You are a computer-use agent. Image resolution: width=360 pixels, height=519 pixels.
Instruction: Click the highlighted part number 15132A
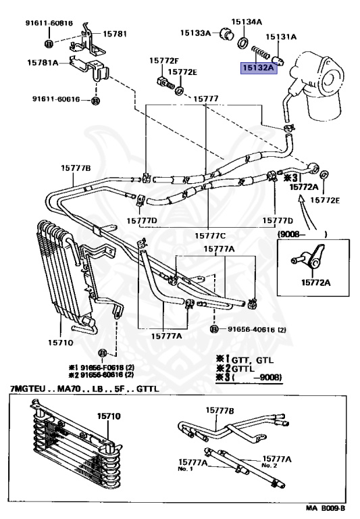coord(259,68)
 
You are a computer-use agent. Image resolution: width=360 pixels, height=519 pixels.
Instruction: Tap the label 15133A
coord(195,32)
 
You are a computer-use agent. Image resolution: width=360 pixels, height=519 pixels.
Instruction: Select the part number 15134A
coord(246,22)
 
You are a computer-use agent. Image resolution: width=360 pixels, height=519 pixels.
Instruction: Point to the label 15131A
coord(281,36)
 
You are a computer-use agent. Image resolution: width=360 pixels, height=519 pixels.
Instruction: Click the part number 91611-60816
coord(49,23)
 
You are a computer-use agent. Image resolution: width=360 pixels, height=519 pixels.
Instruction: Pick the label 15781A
coord(43,62)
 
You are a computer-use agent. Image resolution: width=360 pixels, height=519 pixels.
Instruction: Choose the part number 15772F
coord(164,61)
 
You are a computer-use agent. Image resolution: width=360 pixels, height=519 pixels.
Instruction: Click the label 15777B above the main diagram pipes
coord(76,168)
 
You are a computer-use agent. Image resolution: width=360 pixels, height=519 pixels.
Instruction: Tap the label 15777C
coord(210,236)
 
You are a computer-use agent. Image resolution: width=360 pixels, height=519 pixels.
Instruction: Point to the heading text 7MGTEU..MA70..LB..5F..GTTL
coord(84,389)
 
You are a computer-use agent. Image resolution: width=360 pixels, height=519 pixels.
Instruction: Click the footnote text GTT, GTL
coord(253,360)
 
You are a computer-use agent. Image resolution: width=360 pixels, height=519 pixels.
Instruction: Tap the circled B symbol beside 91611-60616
coord(95,100)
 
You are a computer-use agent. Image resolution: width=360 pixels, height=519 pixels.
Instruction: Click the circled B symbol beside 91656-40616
coord(214,329)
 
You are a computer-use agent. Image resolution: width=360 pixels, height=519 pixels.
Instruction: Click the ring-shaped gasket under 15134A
coord(244,43)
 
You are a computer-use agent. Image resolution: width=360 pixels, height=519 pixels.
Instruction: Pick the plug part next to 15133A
coord(227,32)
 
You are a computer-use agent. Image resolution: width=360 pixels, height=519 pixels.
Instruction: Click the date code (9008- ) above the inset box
coord(303,234)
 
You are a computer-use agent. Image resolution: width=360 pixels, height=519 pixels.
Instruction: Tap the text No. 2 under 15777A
coord(269,466)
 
